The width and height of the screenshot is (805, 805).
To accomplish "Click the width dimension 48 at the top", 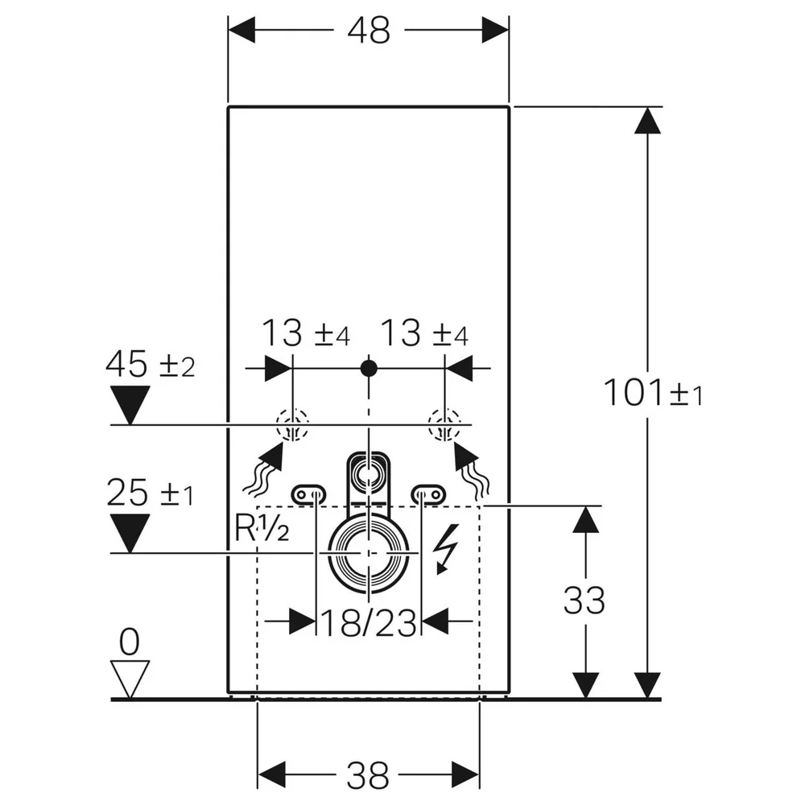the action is (369, 31).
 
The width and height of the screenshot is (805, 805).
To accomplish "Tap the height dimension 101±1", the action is (653, 393).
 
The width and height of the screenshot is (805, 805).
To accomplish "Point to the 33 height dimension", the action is (584, 601).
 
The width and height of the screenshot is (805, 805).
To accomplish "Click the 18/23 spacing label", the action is (368, 623).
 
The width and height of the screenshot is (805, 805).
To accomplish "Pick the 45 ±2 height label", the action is (151, 364).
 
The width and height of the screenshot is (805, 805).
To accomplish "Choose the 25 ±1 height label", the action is (151, 493).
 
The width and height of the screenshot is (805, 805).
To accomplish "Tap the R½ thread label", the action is (262, 528).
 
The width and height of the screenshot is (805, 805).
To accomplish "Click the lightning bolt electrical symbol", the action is (445, 549).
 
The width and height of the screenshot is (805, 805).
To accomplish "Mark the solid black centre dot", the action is (369, 368).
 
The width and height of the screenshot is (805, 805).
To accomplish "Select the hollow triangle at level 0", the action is (130, 679).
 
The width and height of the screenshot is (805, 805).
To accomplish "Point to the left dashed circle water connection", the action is (292, 424).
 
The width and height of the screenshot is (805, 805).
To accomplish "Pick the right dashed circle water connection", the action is (444, 424).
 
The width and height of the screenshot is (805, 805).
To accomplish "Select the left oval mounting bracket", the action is (308, 494).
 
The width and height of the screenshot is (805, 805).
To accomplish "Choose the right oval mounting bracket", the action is (429, 494).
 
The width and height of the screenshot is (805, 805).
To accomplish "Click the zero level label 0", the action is (130, 642).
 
